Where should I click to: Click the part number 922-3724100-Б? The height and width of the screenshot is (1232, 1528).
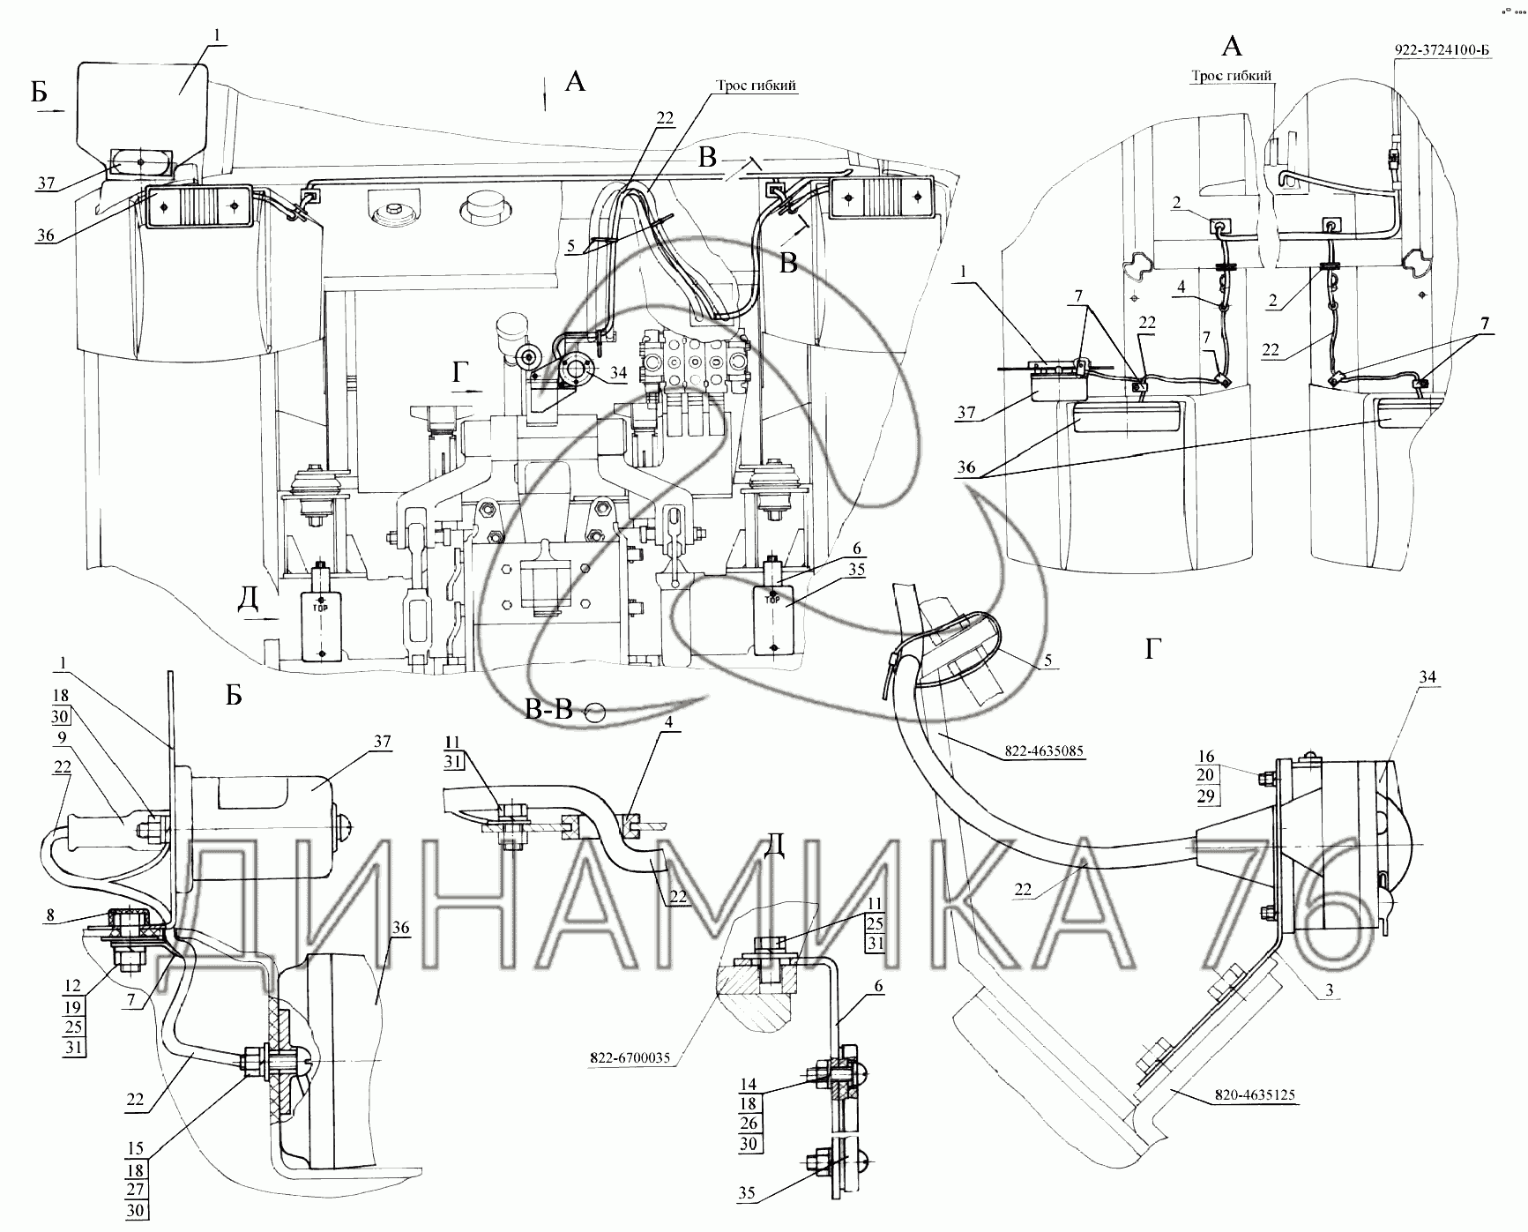[1441, 49]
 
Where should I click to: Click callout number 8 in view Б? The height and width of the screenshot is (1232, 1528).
[51, 916]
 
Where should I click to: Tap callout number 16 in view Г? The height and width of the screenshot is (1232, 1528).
[1206, 757]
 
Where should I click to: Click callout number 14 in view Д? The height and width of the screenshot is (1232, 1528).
[749, 1085]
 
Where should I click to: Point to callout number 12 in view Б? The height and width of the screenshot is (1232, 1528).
[72, 986]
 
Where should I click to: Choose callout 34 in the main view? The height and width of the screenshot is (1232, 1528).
[617, 373]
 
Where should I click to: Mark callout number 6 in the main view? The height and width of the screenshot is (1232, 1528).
[856, 549]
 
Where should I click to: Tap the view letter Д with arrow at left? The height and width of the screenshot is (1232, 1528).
[248, 600]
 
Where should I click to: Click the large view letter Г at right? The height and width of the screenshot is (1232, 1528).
[1152, 650]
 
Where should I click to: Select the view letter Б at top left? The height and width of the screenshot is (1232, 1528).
[40, 92]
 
